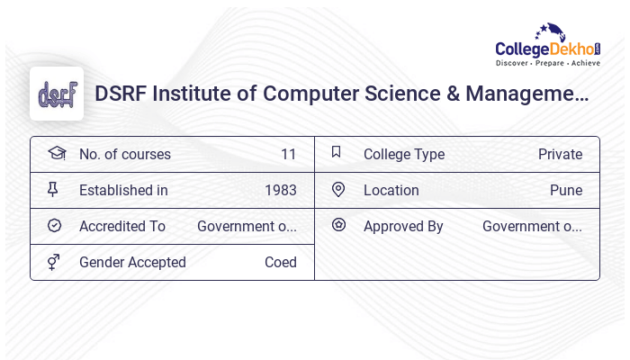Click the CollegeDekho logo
pos(547,46)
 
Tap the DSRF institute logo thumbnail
pos(57,94)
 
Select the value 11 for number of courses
pos(288,155)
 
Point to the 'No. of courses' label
pos(124,155)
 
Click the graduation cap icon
pos(56,154)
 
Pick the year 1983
pos(281,191)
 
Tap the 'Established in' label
pos(123,191)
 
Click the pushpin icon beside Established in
pos(53,190)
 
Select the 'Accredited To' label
pos(122,227)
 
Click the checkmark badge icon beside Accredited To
pos(54,226)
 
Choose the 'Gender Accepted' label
pos(132,263)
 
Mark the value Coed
pos(281,263)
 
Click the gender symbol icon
pos(54,262)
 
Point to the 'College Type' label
pos(404,155)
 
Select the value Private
pos(560,155)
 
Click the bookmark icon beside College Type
pos(337,153)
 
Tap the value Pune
pos(566,191)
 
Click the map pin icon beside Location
pos(338,190)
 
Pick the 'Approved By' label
pos(403,227)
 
